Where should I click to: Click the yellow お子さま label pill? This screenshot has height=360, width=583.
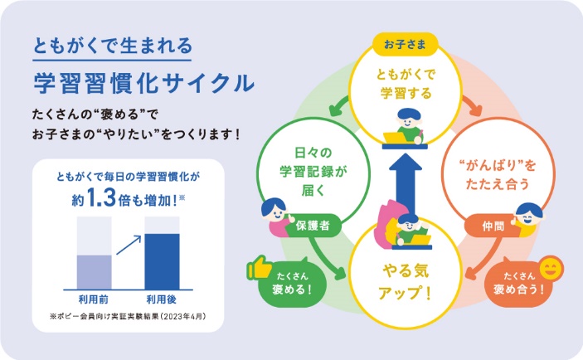click(x=405, y=45)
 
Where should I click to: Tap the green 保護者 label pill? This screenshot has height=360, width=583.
click(x=313, y=226)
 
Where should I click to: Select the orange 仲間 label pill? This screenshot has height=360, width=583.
click(x=492, y=226)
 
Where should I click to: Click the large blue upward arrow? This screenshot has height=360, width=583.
click(x=406, y=185)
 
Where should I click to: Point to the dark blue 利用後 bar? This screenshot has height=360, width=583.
click(x=162, y=261)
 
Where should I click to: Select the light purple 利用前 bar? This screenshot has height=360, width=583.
click(x=94, y=272)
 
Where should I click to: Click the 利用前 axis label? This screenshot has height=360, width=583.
click(x=94, y=299)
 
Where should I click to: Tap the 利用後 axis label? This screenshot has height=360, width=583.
click(x=161, y=299)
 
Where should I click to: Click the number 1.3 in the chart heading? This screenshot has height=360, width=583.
click(x=101, y=197)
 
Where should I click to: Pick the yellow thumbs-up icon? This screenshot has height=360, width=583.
click(x=259, y=267)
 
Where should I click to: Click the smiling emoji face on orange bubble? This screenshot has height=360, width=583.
click(x=551, y=269)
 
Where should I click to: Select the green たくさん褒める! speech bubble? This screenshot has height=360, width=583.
click(x=292, y=283)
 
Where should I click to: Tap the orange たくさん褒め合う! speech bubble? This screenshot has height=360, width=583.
click(x=518, y=283)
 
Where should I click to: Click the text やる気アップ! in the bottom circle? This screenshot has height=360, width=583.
click(x=406, y=282)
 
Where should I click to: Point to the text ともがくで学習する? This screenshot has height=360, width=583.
click(x=406, y=83)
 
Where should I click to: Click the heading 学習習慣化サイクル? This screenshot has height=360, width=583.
click(x=144, y=83)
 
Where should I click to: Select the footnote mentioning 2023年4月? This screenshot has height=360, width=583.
click(x=128, y=317)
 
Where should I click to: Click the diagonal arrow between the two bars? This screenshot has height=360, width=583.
click(x=129, y=245)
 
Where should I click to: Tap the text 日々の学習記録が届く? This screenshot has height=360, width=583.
click(x=313, y=172)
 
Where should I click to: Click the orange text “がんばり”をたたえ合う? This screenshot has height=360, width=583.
click(x=498, y=174)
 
